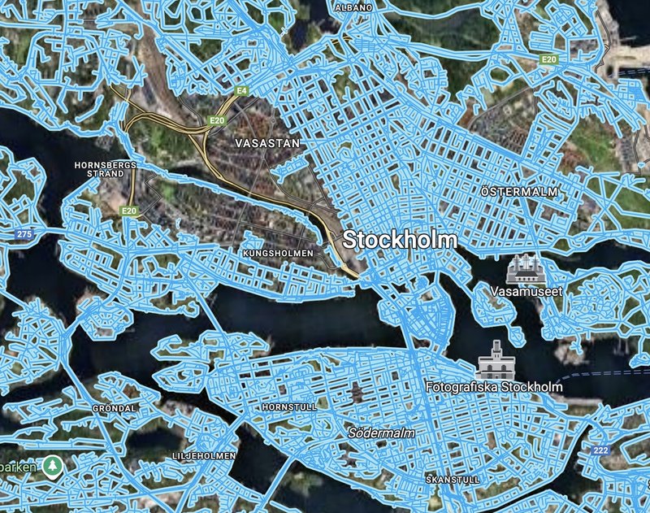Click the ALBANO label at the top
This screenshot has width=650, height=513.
point(353,7)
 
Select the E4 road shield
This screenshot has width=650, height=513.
point(241,90)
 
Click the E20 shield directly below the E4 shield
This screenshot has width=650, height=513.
point(217,121)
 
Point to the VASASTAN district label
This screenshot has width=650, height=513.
point(266,142)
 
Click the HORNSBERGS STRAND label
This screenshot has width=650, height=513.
point(106,168)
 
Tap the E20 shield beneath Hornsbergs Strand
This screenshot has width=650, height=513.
point(129,211)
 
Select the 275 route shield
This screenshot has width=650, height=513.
point(24,234)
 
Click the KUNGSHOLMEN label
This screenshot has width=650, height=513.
point(277,254)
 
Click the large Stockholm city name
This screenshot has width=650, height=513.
point(400,240)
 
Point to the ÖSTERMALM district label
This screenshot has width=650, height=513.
point(519,192)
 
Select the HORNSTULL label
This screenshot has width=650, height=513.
point(284,406)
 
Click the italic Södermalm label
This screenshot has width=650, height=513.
point(381,433)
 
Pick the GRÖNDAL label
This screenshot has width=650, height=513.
point(115,407)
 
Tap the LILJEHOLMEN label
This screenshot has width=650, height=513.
point(204,456)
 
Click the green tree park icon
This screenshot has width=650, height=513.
point(53,466)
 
